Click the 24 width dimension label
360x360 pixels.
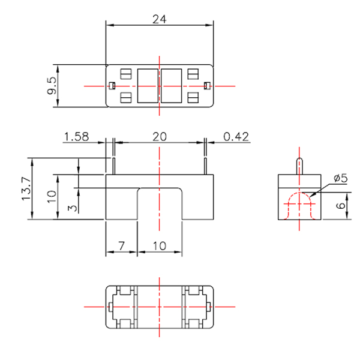pyautogui.click(x=159, y=19)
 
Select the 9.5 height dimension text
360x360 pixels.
pyautogui.click(x=52, y=86)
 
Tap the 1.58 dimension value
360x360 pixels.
pyautogui.click(x=76, y=137)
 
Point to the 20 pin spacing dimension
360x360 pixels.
pyautogui.click(x=159, y=137)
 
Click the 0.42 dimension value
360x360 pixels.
pyautogui.click(x=236, y=137)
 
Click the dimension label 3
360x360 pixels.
pyautogui.click(x=73, y=208)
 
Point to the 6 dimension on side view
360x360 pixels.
pyautogui.click(x=340, y=206)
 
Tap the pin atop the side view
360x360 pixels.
pyautogui.click(x=299, y=166)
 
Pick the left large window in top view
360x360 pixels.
pyautogui.click(x=148, y=86)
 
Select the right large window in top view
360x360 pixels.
pyautogui.click(x=172, y=86)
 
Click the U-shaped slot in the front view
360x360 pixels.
pyautogui.click(x=159, y=204)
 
